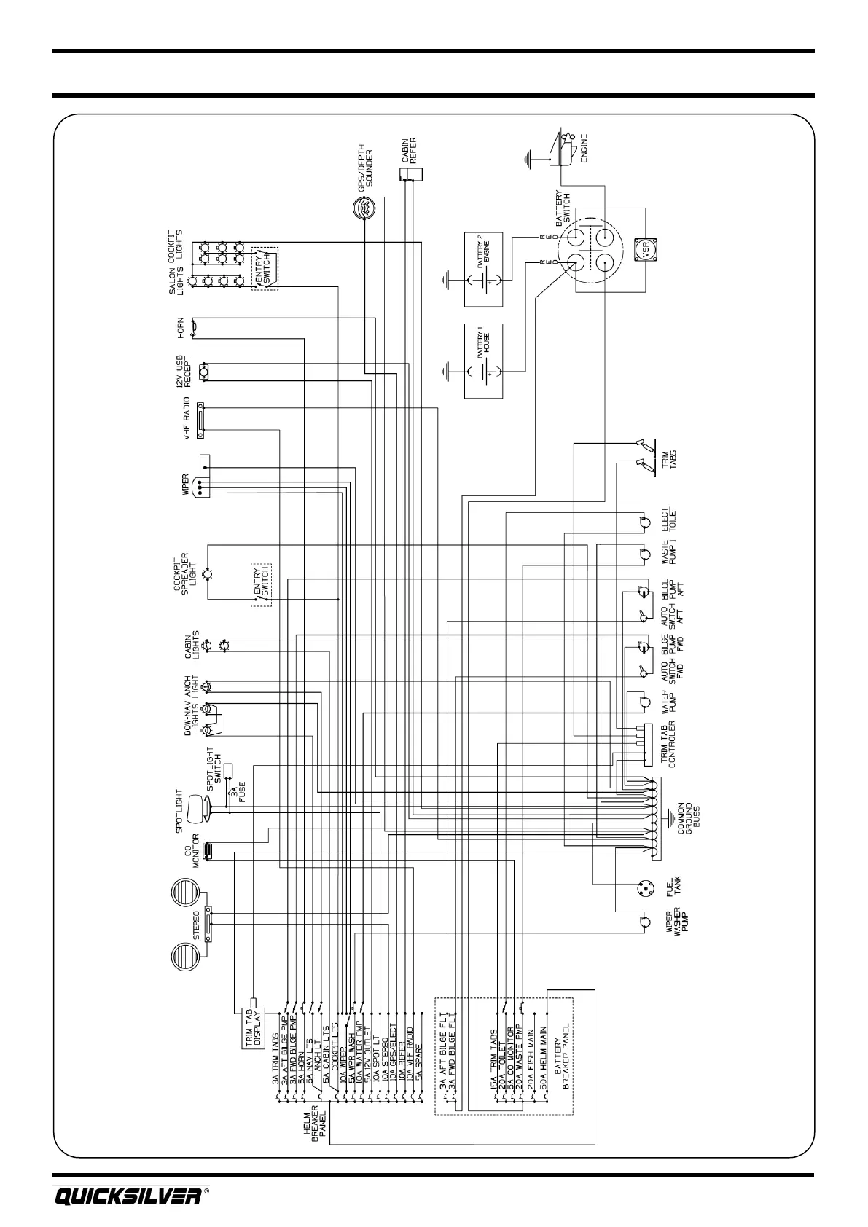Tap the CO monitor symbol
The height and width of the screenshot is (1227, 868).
click(208, 851)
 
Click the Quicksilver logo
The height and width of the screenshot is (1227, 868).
click(128, 1196)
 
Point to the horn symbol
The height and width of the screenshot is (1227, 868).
click(194, 328)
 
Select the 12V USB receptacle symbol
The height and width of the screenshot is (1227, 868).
click(206, 370)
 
